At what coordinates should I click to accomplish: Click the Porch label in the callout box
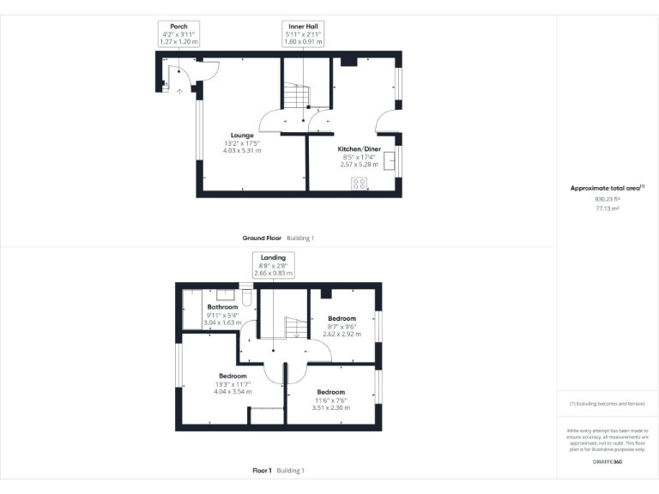point(179,26)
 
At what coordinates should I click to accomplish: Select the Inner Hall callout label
point(304,26)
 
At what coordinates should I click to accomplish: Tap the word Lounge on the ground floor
point(241,136)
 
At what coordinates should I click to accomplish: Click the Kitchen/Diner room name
point(359,148)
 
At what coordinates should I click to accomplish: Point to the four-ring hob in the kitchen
point(359,183)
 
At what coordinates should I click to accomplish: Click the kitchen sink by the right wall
point(390,161)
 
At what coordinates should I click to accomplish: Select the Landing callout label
point(274,257)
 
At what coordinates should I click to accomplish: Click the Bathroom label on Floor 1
point(222,306)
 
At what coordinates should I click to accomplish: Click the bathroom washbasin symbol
point(227,293)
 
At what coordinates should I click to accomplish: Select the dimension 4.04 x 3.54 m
point(233,391)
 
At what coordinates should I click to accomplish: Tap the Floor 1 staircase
point(294,327)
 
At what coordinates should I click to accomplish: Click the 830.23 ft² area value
point(607,198)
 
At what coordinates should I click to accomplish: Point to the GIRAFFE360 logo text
point(607,462)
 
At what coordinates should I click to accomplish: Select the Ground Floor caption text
point(262,238)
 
